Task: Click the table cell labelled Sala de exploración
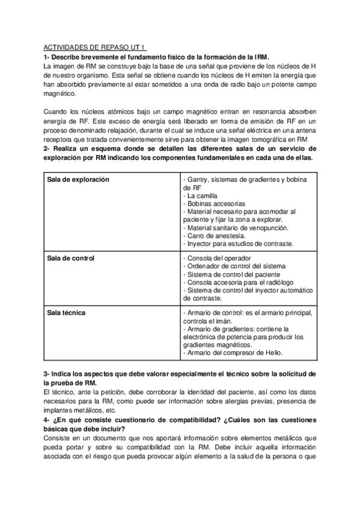click(78, 180)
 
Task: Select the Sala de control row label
click(71, 258)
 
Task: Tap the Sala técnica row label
click(66, 313)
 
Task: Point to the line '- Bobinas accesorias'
click(212, 204)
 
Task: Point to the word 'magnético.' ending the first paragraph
click(59, 94)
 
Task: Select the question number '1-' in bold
click(47, 56)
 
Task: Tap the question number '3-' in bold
click(47, 373)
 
